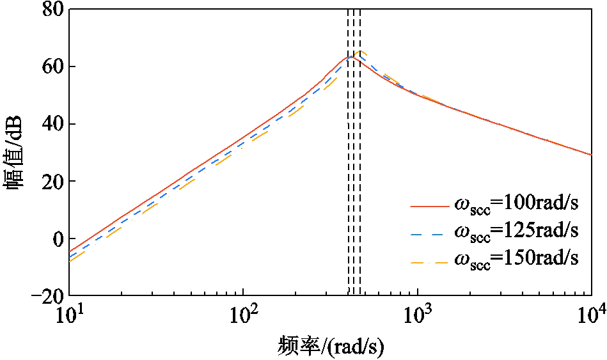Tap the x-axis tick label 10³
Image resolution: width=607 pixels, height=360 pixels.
417,315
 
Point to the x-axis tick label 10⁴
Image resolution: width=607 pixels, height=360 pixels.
590,315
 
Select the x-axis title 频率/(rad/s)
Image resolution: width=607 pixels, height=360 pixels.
331,346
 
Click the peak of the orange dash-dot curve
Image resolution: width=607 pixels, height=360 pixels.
361,51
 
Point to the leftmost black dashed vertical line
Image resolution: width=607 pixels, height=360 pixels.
349,160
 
